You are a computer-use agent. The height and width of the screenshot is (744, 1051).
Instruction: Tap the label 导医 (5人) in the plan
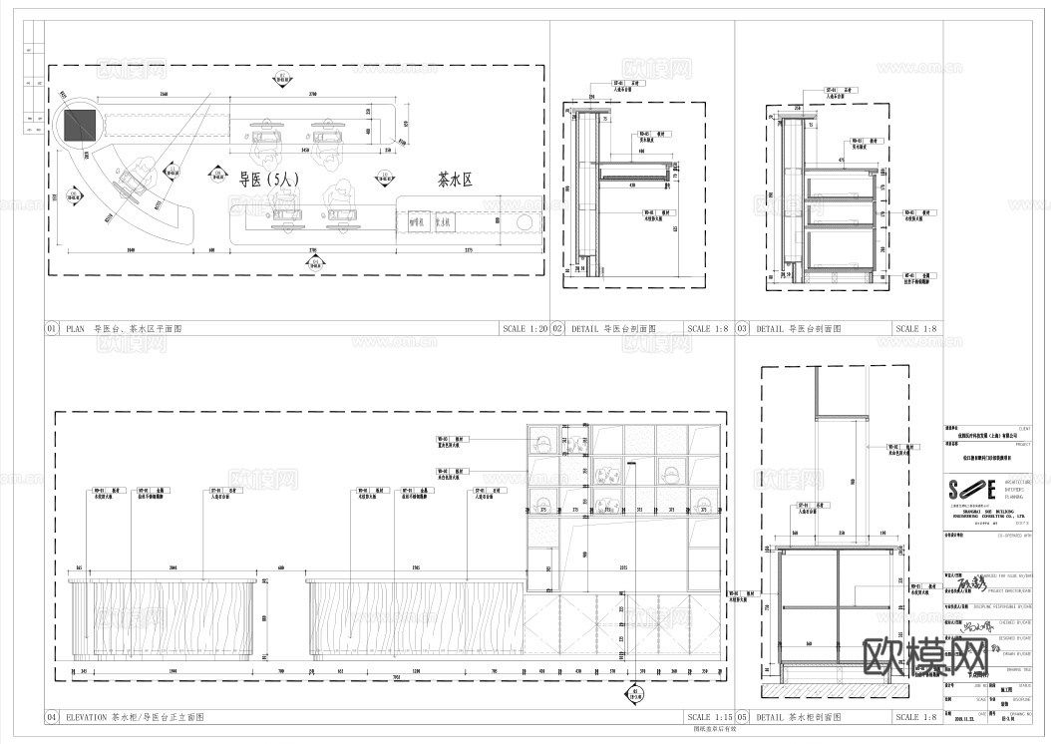coord(267,181)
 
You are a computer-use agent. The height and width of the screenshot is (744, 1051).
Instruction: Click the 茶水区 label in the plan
coord(454,181)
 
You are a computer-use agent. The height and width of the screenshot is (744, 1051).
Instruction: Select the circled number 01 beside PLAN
coord(52,328)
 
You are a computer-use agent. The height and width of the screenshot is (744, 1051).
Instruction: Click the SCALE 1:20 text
coord(525,328)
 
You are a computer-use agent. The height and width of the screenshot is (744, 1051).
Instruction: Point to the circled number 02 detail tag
coord(558,328)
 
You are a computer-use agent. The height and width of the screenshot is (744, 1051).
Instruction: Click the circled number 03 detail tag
coord(743,328)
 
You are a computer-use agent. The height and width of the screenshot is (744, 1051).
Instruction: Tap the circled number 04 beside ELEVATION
coord(52,717)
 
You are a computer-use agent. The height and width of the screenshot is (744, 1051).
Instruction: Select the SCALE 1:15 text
coord(709,717)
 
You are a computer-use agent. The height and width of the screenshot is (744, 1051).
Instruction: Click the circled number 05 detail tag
coord(743,717)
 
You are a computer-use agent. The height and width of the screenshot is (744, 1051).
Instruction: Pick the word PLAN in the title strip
coord(77,328)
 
